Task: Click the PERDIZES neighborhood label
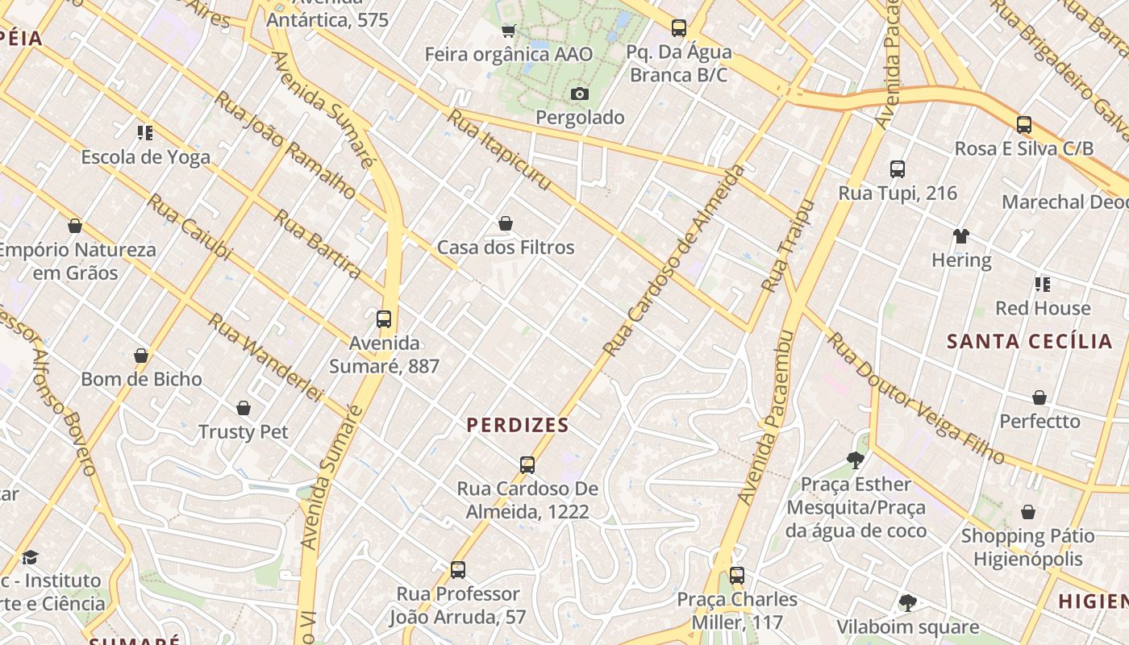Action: point(518,425)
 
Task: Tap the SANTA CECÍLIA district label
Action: point(1029,341)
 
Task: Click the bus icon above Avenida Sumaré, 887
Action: point(384,319)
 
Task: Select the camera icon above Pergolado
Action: point(579,94)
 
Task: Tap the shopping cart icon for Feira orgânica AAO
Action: point(509,31)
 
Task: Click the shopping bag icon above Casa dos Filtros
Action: point(506,223)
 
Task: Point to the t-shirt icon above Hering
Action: point(960,236)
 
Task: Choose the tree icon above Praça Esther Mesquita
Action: point(856,460)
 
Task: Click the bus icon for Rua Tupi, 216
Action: point(898,169)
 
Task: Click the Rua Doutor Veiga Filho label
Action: point(916,398)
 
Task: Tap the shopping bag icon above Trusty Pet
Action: point(244,408)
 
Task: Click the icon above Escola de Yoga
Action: point(145,132)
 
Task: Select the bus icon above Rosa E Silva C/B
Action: point(1023,125)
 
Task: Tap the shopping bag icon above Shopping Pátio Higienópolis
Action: point(1027,512)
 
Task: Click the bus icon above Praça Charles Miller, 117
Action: point(736,576)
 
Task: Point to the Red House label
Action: point(1042,308)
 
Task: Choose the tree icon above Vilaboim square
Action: point(907,602)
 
